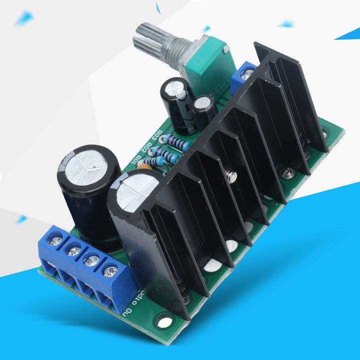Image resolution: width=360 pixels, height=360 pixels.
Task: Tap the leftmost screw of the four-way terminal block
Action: (56, 241)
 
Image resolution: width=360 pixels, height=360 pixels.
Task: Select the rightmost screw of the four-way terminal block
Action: (110, 271)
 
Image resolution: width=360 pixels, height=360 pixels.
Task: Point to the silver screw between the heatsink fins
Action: (230, 176)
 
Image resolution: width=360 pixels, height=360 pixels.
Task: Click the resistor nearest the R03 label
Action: (178, 142)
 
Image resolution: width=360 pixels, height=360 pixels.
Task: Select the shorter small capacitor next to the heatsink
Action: (204, 110)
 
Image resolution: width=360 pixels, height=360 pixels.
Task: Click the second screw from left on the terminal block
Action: (73, 250)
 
